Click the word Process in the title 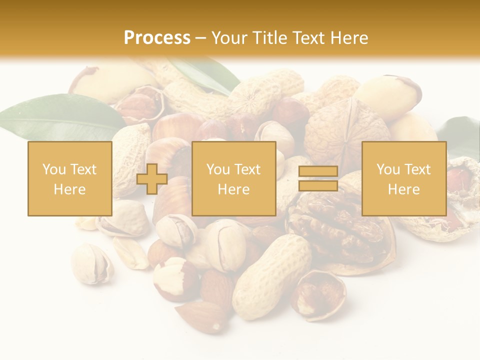pos(157,38)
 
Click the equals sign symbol pos(318,178)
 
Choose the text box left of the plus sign pos(70,178)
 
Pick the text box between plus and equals pos(234,178)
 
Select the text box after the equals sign pos(404,178)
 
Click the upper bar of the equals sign pos(318,171)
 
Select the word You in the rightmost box pos(387,169)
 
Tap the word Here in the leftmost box pos(70,189)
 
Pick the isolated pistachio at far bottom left pos(91,263)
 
